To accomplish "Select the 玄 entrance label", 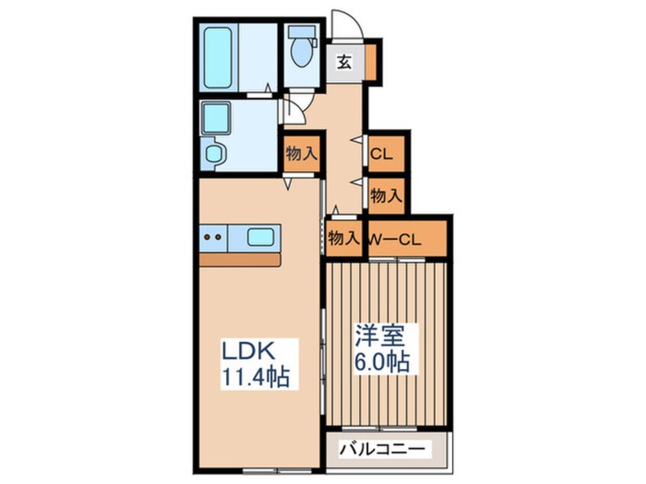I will tap(344, 63).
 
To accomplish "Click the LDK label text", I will tap(247, 352).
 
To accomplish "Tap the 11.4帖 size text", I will tap(256, 377).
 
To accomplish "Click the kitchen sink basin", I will tap(260, 237).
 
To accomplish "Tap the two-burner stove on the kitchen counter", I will tap(214, 237).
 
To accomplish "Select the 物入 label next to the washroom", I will tap(301, 153).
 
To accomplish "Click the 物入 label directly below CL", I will tap(386, 195).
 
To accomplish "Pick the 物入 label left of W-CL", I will tap(344, 238).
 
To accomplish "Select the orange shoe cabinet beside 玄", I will tap(370, 61).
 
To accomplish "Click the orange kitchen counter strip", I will tap(240, 260).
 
